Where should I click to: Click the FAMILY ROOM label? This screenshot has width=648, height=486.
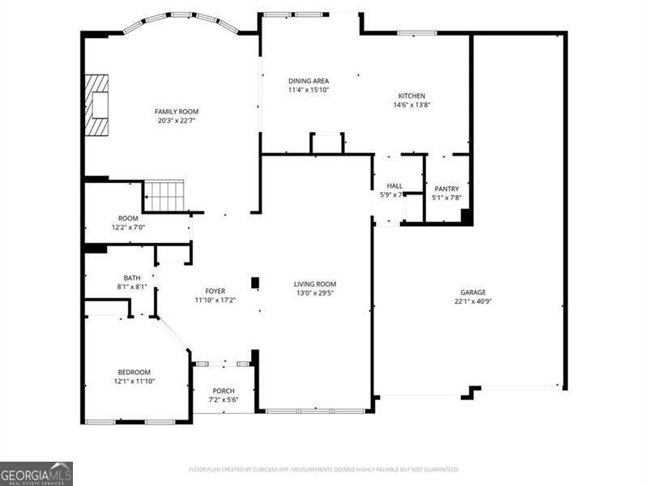(177, 112)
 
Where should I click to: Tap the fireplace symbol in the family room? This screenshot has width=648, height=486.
(98, 105)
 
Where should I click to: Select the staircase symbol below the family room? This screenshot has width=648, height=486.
(164, 196)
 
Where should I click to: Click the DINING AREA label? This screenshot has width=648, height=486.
(309, 81)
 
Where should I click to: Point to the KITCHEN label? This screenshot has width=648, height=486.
(411, 96)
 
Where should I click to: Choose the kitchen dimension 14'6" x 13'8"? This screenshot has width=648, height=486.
(411, 104)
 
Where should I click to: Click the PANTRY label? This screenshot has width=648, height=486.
(446, 188)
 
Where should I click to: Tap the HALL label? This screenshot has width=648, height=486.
(394, 185)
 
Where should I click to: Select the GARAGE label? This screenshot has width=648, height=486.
(473, 292)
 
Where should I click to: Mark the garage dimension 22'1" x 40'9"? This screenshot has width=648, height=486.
(473, 301)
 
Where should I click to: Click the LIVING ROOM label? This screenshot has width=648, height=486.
(314, 283)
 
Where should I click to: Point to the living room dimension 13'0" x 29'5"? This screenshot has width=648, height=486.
(314, 292)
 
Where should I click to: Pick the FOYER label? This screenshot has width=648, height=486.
(215, 291)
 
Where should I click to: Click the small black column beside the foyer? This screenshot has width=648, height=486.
(255, 283)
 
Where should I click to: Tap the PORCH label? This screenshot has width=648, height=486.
(224, 391)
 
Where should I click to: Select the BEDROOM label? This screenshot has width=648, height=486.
(134, 372)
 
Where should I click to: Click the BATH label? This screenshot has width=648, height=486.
(131, 277)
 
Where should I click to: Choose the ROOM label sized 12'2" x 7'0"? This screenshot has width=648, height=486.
(128, 218)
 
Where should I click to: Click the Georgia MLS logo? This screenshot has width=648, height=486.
(36, 473)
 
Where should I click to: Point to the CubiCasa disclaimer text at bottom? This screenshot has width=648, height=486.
(324, 469)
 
